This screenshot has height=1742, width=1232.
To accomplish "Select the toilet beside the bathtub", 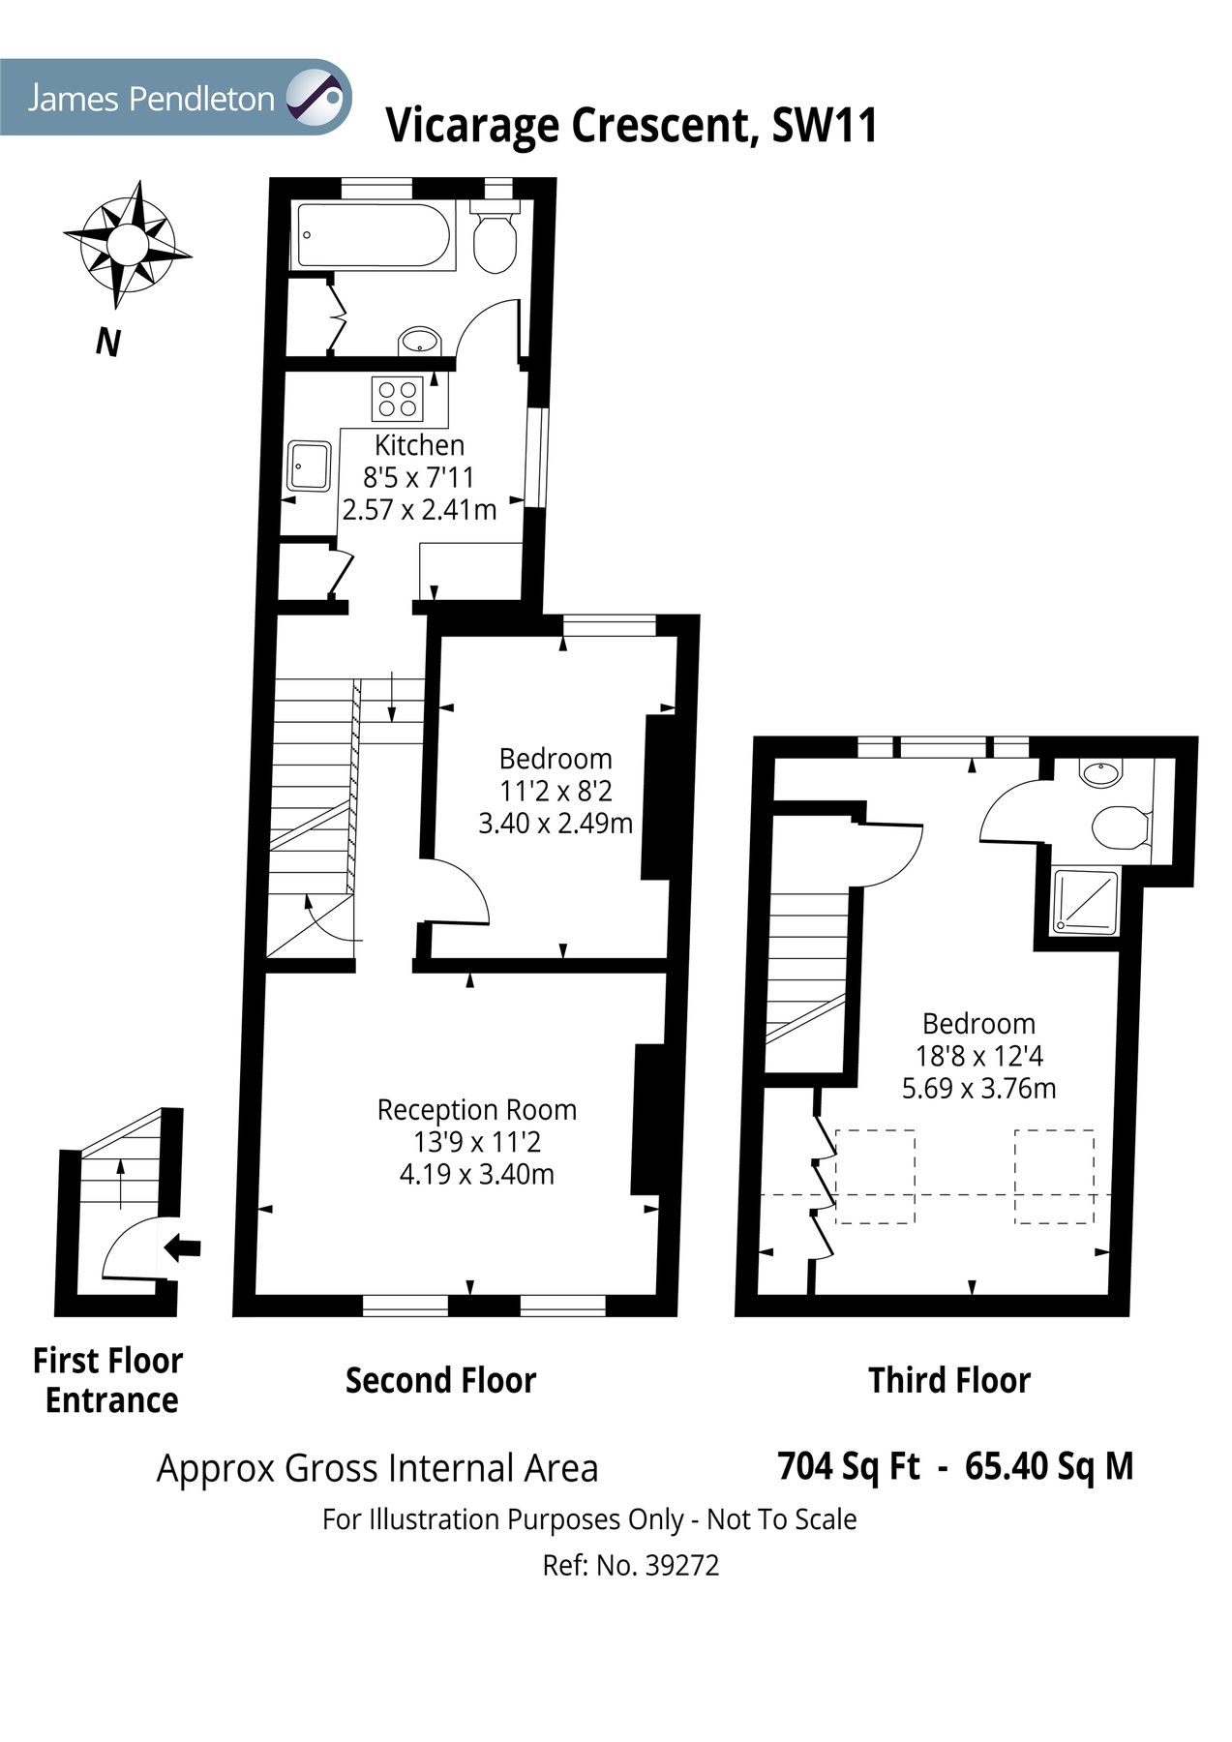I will pos(495,239).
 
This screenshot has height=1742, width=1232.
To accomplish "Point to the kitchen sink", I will pos(309,466).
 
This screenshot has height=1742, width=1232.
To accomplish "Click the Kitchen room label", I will pos(419,445).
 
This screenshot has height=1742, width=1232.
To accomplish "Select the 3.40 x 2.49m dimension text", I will pos(556,824).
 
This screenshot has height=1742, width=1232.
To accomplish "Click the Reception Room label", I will pos(476,1109).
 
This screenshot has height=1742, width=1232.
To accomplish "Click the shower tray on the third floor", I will pos(1085,902).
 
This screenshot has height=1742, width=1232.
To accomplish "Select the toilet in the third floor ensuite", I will pos(1119,826).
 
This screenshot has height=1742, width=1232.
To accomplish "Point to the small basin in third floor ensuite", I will pos(1100,772).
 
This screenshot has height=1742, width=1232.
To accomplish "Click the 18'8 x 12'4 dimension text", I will pos(978,1056).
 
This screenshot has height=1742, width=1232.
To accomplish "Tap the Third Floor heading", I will pos(948,1380).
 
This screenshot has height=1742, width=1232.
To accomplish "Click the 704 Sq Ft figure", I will pos(849,1466).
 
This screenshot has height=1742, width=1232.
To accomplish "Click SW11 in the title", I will pos(824,126).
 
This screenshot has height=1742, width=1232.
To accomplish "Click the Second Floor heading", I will pos(440,1380).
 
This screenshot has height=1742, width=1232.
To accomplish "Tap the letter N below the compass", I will pos(108,342).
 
